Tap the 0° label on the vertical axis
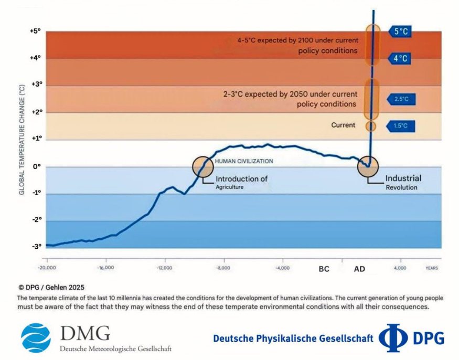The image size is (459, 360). coord(37,167)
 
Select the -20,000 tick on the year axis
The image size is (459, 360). coord(47,268)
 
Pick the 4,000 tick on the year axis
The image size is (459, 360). coord(400,268)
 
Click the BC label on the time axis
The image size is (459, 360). coord(324,269)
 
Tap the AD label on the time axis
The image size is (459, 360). coord(360,269)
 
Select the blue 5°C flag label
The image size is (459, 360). coord(400,31)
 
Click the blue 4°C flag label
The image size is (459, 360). coord(400,59)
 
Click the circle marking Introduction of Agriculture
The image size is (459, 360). coord(203,166)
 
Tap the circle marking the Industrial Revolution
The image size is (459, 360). coord(368,166)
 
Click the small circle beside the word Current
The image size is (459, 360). coord(371,126)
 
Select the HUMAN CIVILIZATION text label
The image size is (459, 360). coord(244,161)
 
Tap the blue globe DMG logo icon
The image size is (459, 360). coord(36,337)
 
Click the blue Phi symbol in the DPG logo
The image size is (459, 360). coord(393,338)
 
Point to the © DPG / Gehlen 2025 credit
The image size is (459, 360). coord(51,287)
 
